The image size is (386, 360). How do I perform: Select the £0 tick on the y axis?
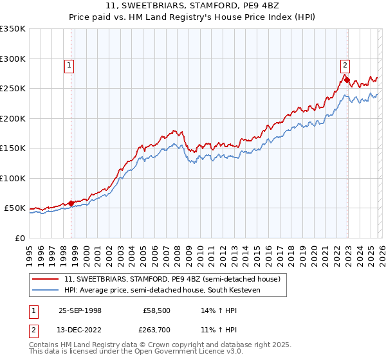pos(21,238)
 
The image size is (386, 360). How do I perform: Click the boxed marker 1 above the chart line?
pos(69,64)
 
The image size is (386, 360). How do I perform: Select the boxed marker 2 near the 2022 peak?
pos(345,64)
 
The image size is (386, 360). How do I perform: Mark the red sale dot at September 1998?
pos(71,203)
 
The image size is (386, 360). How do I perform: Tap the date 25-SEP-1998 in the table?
pos(76,310)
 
